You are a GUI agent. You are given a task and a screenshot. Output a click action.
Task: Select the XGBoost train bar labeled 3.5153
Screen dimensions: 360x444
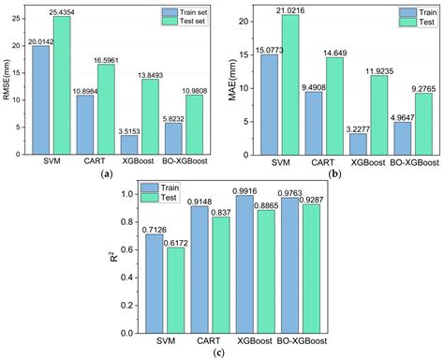(x=128, y=146)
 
